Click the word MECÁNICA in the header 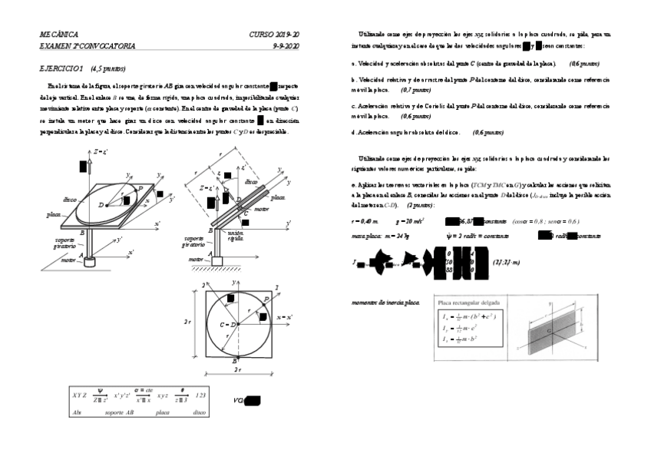[x=59, y=35]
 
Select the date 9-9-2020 [x=286, y=46]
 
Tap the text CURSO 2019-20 [x=275, y=35]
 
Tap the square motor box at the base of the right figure [x=217, y=260]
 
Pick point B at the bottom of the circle [x=232, y=359]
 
